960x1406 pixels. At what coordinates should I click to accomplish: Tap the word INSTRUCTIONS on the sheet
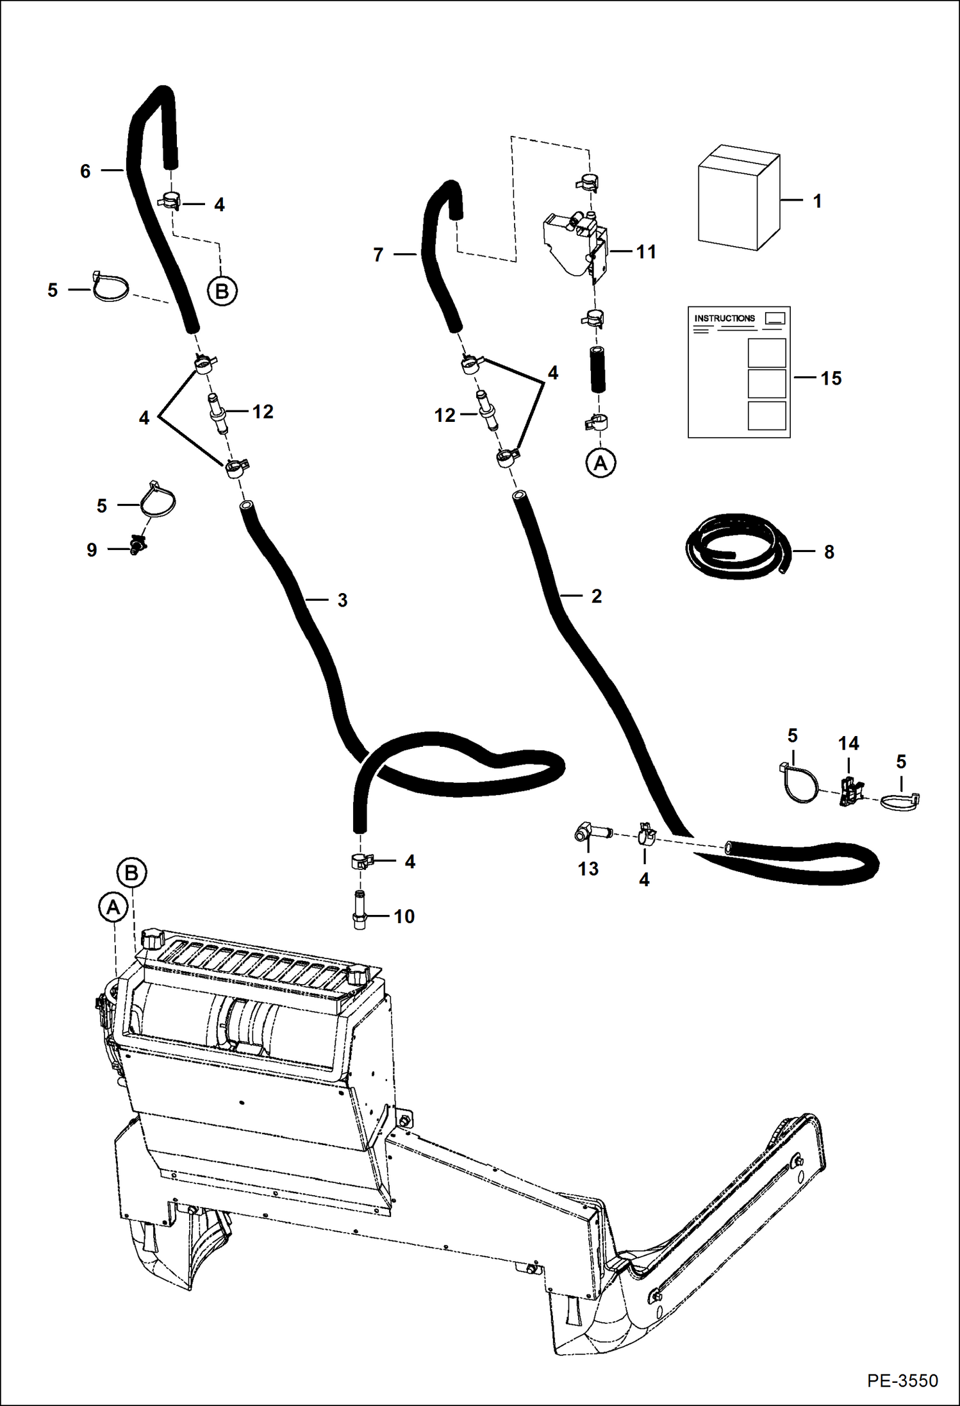724,319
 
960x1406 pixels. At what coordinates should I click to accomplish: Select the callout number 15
831,378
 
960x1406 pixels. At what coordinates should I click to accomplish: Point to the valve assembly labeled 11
574,242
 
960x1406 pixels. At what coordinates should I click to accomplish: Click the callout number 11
646,252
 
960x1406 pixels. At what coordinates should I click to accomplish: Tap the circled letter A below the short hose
600,462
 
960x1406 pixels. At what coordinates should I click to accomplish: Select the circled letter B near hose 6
222,292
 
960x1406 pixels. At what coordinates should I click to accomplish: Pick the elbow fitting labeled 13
588,833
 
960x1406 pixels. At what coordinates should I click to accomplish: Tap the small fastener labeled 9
137,546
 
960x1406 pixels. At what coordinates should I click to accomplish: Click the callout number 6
85,171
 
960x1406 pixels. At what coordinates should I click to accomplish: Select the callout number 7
378,255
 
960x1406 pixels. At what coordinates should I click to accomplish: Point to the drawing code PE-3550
902,1380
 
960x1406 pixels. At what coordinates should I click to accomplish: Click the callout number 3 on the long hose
342,600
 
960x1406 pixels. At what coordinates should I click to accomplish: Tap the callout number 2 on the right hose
596,596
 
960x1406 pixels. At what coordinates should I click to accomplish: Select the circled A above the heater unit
113,907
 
